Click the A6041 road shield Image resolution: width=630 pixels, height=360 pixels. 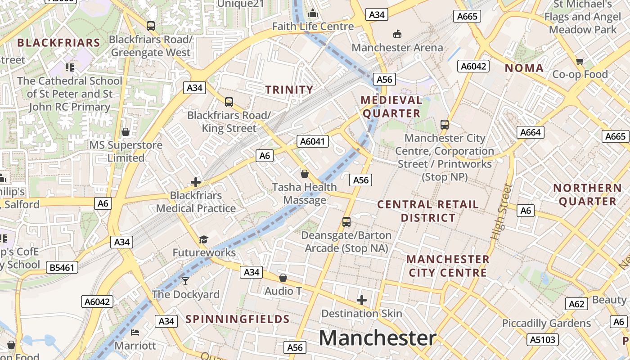coord(312,142)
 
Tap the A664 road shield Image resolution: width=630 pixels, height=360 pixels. coord(531,132)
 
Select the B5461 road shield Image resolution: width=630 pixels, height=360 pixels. coord(62,268)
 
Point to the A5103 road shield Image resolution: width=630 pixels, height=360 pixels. coord(543,339)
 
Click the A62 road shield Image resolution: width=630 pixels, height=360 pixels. coord(576,304)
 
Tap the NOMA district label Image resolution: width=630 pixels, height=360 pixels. coord(524,68)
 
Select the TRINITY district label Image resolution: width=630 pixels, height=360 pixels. coord(289,90)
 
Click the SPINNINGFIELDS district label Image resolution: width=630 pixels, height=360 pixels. coord(238,319)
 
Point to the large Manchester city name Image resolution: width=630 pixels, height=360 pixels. coord(378,338)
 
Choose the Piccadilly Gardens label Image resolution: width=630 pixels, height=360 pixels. coord(546,323)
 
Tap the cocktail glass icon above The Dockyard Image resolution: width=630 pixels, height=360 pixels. coord(185,281)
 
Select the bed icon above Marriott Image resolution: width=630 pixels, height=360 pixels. coord(135,333)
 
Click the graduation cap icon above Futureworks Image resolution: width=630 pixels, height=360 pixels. coord(204,239)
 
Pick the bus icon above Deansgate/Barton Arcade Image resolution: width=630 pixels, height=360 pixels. coord(346,221)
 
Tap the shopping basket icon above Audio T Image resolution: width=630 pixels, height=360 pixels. coord(283,278)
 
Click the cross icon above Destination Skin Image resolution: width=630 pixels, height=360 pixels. coord(361,300)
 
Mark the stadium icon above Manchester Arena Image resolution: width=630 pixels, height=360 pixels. coord(397,34)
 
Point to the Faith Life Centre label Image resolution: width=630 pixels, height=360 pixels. coord(313,27)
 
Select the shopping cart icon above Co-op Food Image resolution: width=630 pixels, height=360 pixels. coord(580,61)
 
